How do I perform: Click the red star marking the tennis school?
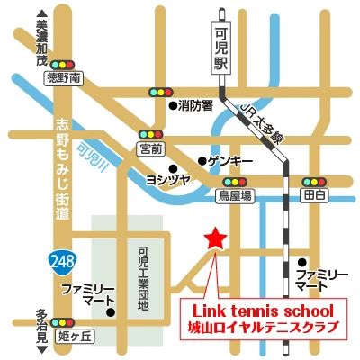click(215, 238)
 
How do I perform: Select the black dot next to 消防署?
click(174, 105)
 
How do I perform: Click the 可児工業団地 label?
click(142, 274)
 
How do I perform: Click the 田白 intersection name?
click(312, 193)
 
